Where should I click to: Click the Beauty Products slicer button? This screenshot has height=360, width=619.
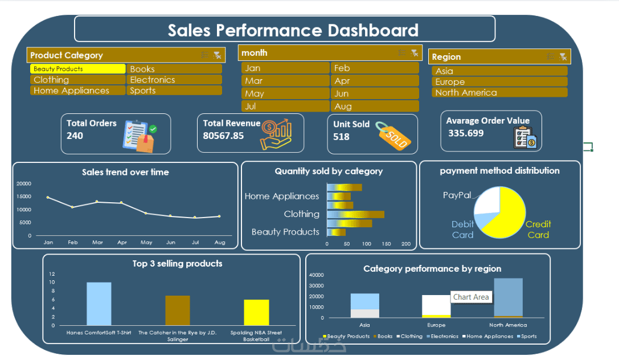pyautogui.click(x=77, y=69)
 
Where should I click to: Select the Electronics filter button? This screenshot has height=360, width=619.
pyautogui.click(x=174, y=80)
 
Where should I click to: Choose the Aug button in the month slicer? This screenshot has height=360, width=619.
pyautogui.click(x=374, y=107)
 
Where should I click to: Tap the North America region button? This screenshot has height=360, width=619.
pyautogui.click(x=499, y=93)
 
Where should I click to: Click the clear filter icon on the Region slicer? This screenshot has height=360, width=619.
pyautogui.click(x=563, y=56)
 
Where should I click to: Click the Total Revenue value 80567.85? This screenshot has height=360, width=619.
pyautogui.click(x=223, y=136)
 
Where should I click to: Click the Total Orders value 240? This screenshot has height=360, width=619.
pyautogui.click(x=75, y=136)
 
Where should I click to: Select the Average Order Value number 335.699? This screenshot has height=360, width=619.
pyautogui.click(x=466, y=133)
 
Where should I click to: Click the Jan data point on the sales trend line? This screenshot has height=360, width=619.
pyautogui.click(x=48, y=197)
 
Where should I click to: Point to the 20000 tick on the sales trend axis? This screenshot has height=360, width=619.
pyautogui.click(x=24, y=184)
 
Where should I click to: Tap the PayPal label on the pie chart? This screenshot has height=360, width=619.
pyautogui.click(x=457, y=195)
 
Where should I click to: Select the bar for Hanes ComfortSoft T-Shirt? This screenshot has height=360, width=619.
pyautogui.click(x=99, y=304)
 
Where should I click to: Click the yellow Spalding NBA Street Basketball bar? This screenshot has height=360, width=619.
pyautogui.click(x=256, y=312)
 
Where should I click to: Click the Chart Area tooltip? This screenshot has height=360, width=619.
pyautogui.click(x=470, y=297)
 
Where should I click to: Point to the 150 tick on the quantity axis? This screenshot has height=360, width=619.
pyautogui.click(x=386, y=244)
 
